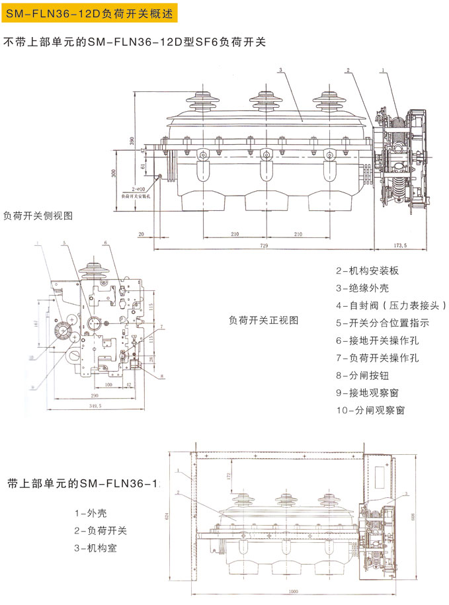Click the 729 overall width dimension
265,245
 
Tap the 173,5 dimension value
401,245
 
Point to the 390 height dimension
132,142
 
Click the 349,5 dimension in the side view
95,405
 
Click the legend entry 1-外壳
91,513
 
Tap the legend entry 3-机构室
95,547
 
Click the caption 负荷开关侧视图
38,216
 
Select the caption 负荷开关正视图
264,320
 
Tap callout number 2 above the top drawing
347,70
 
